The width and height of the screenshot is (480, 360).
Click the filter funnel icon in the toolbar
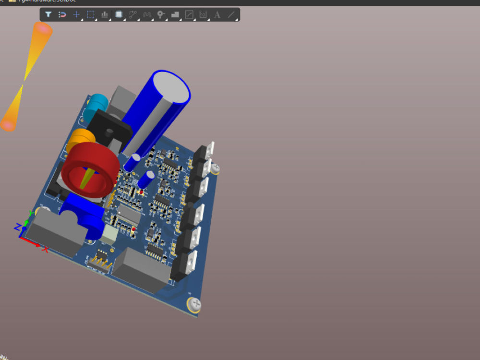point(48,14)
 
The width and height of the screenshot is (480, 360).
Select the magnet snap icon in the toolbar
point(62,14)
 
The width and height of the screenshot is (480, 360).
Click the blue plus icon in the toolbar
point(76,14)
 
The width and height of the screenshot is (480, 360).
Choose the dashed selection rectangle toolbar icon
point(90,14)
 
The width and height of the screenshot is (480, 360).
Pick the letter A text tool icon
point(217,14)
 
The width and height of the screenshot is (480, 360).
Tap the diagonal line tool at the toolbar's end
point(231,14)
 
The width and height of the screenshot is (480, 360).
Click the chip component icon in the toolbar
point(119,14)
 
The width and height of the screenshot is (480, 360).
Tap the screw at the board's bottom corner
point(195,303)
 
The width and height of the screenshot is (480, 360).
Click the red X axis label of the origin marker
point(45,249)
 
